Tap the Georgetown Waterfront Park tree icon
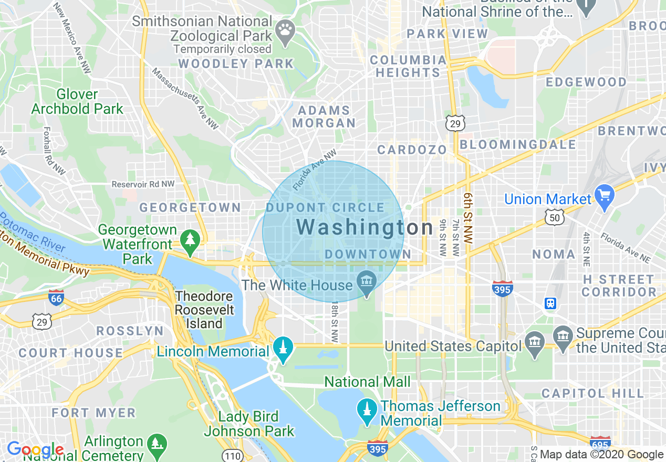[x=190, y=240]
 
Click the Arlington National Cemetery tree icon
[x=157, y=444]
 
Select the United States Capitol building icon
[x=535, y=345]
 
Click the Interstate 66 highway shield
[x=56, y=298]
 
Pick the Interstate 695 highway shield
[x=600, y=443]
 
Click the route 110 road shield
[x=232, y=455]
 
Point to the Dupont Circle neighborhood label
[x=325, y=208]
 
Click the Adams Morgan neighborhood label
[x=324, y=117]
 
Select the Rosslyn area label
[x=130, y=331]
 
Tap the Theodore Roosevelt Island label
[x=205, y=310]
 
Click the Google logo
[x=35, y=450]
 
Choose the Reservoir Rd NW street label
[x=143, y=184]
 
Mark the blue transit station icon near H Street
[x=550, y=303]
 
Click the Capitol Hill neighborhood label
[x=592, y=393]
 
